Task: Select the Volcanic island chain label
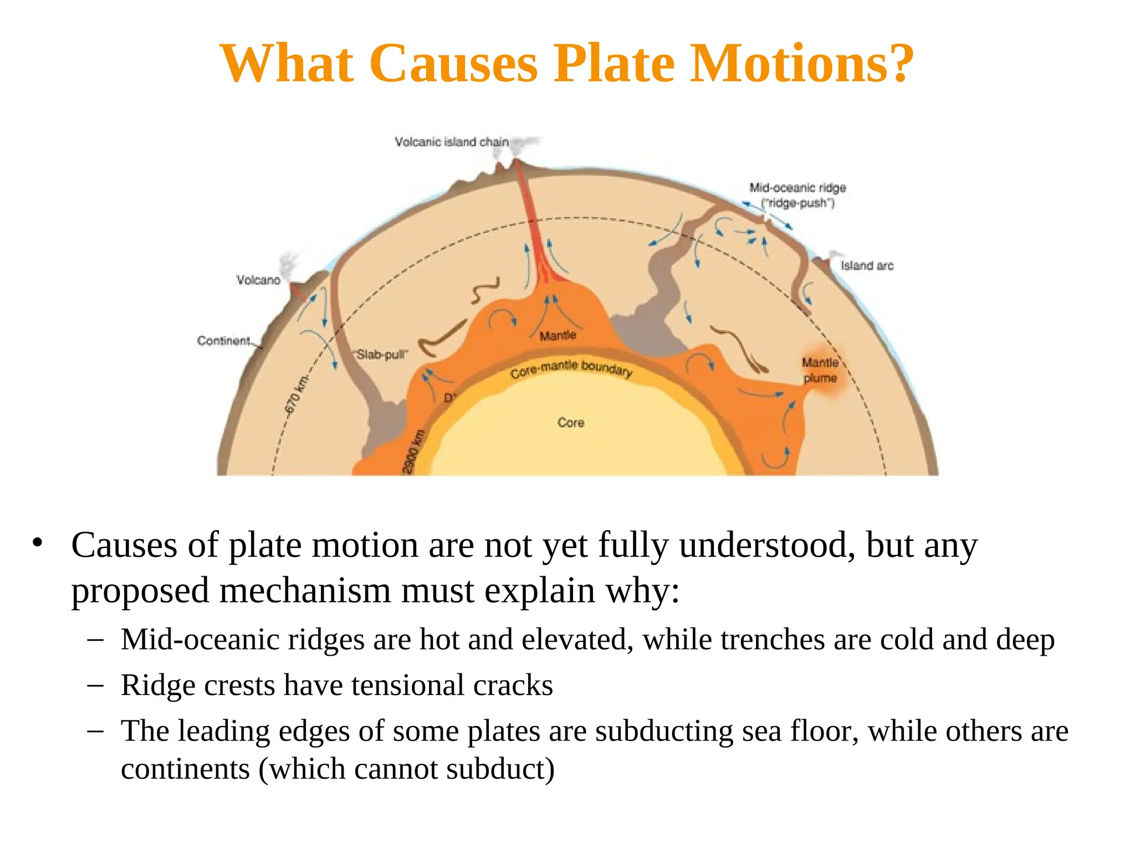pos(451,142)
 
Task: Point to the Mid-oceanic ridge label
pos(797,188)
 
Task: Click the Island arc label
pos(867,266)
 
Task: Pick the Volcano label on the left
pos(258,280)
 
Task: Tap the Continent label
pos(224,341)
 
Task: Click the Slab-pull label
pos(381,354)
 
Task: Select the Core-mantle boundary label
pos(571,369)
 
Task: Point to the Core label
pos(571,423)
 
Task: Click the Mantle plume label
pos(820,370)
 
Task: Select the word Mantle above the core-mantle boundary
pos(558,336)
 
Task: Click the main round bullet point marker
pos(37,542)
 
